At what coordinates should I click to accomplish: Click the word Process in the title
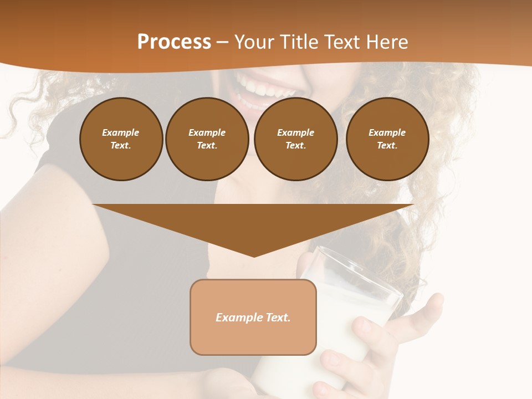click(x=174, y=42)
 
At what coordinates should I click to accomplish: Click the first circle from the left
click(x=121, y=139)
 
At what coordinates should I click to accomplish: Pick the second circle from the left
click(x=207, y=139)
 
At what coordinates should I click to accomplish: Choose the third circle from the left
click(x=295, y=139)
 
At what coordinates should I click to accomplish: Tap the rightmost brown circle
click(x=387, y=139)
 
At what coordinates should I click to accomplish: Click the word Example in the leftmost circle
click(x=121, y=132)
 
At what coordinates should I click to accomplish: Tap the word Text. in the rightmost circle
click(x=387, y=145)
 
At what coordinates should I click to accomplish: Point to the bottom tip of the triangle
click(x=254, y=256)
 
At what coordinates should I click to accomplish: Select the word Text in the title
click(x=342, y=42)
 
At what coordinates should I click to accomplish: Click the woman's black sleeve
click(x=61, y=166)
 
